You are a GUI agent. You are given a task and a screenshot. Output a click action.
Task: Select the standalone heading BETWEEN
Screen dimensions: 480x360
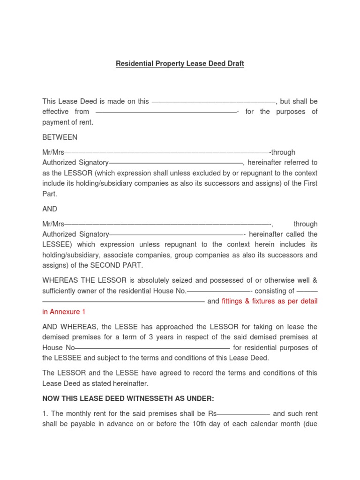click(x=60, y=137)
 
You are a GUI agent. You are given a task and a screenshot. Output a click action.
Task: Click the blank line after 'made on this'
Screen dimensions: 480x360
click(x=214, y=101)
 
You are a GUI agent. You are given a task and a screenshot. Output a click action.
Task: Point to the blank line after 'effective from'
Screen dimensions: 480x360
click(x=166, y=112)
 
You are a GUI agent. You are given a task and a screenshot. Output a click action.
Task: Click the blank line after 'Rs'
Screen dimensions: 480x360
click(x=243, y=414)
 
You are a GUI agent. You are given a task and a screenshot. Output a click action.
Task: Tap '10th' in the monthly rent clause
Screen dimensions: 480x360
click(x=201, y=424)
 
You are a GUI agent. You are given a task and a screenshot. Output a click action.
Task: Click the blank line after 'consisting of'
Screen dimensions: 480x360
click(x=307, y=291)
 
